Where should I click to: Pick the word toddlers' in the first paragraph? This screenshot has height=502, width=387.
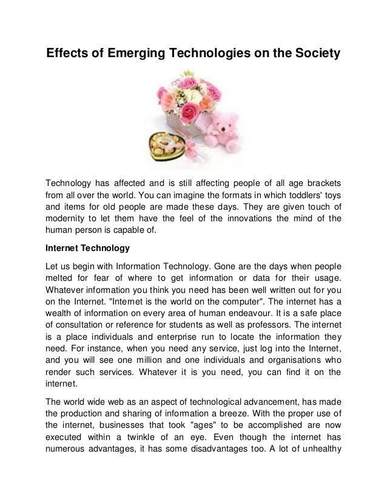(x=295, y=196)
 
